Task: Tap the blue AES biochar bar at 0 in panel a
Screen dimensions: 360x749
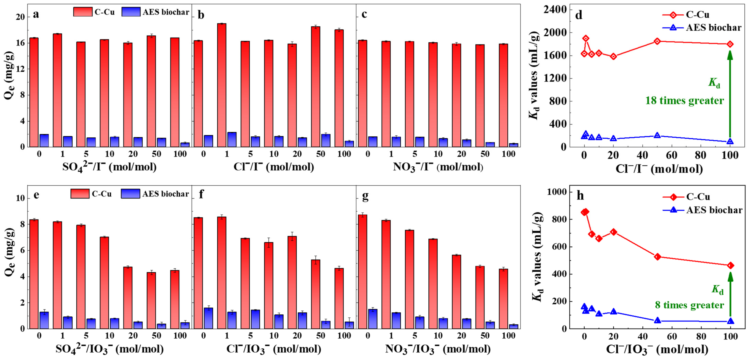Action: [x=44, y=140]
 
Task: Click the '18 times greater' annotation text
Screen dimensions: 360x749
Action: [x=684, y=101]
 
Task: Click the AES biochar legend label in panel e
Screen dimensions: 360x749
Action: [x=166, y=194]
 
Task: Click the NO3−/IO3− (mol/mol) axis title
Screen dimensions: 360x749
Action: [x=438, y=349]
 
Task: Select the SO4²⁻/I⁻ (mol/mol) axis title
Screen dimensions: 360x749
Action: [x=109, y=167]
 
